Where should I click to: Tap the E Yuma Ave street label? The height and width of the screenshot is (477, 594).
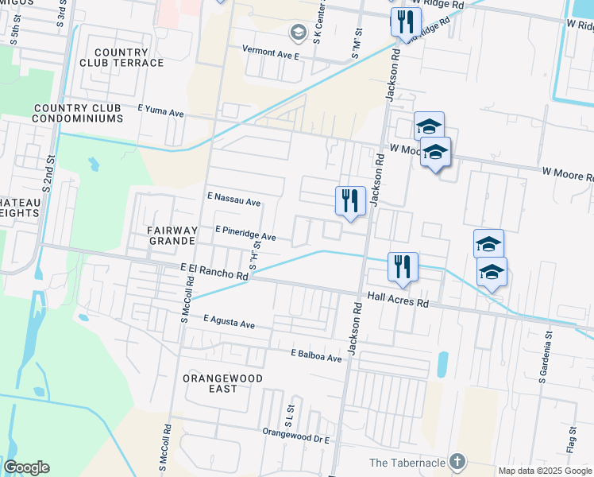click(x=160, y=114)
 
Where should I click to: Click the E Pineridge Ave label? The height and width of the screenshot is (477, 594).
click(x=245, y=236)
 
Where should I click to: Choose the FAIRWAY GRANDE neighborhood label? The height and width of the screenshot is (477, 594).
click(x=171, y=235)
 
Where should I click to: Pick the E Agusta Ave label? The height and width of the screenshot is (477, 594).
click(x=229, y=324)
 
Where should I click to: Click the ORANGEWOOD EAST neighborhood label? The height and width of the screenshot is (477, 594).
click(x=210, y=382)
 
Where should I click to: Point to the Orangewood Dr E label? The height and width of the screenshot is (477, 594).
click(x=295, y=432)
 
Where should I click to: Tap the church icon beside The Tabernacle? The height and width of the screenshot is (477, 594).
click(x=456, y=461)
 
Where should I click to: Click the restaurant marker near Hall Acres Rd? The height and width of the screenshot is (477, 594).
click(x=403, y=266)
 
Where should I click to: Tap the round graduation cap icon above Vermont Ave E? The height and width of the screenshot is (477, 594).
click(x=299, y=33)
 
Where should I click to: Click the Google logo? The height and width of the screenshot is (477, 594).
click(x=27, y=467)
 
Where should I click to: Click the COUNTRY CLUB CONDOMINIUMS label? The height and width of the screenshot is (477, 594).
click(x=78, y=113)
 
